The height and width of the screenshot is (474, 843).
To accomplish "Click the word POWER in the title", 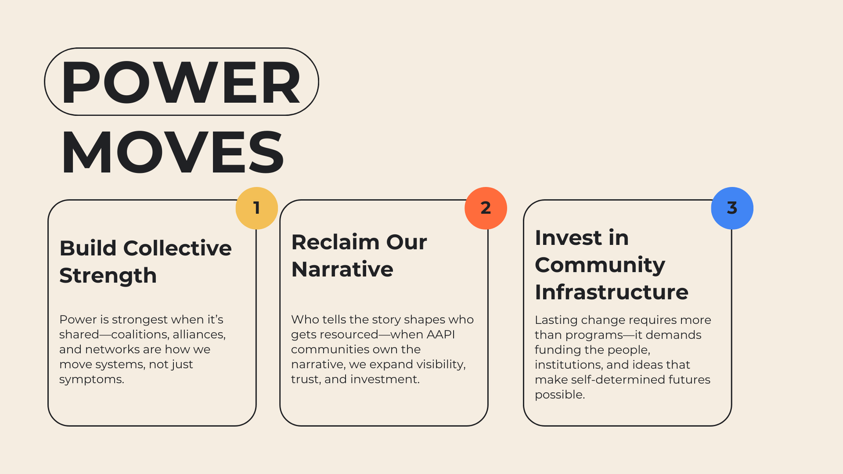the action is (181, 82).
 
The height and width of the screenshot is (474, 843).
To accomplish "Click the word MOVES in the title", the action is (173, 152).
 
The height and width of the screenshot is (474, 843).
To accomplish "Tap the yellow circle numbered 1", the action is (257, 208).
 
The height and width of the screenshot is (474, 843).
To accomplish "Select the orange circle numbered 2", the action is (486, 208).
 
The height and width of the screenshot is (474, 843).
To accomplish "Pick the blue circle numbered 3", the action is (732, 208).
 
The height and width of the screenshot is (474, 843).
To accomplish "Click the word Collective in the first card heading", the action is (177, 248).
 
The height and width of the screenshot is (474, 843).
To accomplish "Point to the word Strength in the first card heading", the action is (108, 276).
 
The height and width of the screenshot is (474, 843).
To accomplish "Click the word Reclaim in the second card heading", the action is (331, 242).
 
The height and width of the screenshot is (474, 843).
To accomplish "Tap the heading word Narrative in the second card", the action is (342, 269).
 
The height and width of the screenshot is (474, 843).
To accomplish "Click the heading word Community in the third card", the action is (600, 266).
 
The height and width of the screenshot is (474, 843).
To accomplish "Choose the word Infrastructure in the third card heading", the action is (612, 292).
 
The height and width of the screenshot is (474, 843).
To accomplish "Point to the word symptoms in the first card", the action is (92, 380).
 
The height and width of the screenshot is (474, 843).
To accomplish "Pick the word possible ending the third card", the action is (560, 395).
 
